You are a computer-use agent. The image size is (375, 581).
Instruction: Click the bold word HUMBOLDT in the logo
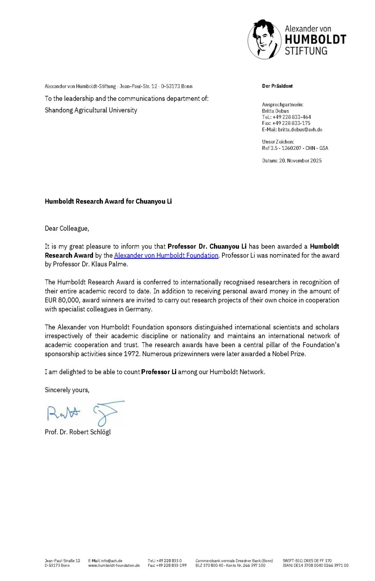point(315,40)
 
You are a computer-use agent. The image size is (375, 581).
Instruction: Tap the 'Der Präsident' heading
point(277,86)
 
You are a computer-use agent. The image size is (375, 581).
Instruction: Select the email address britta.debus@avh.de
point(300,129)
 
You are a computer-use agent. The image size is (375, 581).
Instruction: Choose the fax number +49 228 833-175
point(291,123)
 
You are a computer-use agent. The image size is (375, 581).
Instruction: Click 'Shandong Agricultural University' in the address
point(91,110)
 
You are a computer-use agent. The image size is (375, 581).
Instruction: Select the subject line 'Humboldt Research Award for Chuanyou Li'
point(108,201)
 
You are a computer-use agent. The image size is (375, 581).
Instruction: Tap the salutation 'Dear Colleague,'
point(67,228)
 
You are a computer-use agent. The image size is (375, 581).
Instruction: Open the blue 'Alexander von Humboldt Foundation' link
point(166,255)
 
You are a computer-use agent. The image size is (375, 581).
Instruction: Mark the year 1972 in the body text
point(132,354)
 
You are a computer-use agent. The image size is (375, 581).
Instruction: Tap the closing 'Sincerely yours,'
point(67,390)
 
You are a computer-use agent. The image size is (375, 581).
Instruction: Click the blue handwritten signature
point(85,413)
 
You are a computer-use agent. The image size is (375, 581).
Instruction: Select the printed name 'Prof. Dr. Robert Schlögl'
point(78,432)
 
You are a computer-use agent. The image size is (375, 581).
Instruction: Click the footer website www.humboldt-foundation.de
point(114,565)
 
